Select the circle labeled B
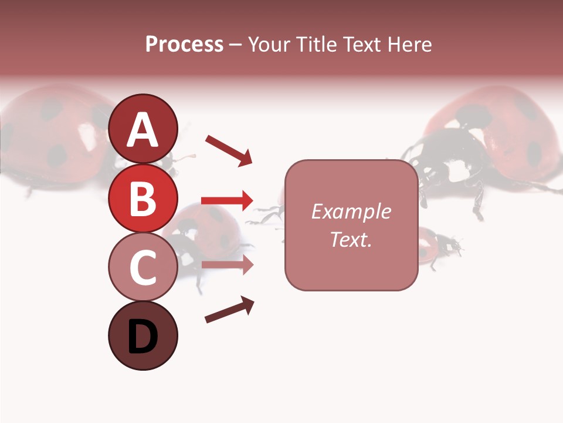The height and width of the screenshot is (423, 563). pyautogui.click(x=143, y=199)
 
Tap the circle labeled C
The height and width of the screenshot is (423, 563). pyautogui.click(x=143, y=267)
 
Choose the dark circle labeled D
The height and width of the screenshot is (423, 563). pyautogui.click(x=143, y=335)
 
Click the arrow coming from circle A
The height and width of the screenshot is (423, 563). pyautogui.click(x=229, y=150)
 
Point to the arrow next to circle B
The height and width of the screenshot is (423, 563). pyautogui.click(x=227, y=200)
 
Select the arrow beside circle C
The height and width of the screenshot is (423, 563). pyautogui.click(x=227, y=264)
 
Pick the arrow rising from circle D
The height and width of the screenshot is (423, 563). pyautogui.click(x=229, y=310)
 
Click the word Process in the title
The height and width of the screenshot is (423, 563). pyautogui.click(x=184, y=44)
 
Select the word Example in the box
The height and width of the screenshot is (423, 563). pyautogui.click(x=351, y=211)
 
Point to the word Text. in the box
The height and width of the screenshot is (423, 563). pyautogui.click(x=351, y=239)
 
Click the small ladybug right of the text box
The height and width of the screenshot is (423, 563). pyautogui.click(x=437, y=246)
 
